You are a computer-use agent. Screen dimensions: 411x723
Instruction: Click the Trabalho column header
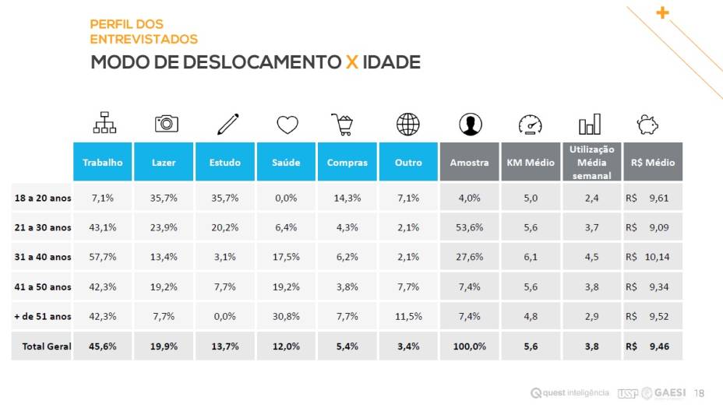103,163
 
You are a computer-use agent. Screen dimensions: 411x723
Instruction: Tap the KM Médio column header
531,163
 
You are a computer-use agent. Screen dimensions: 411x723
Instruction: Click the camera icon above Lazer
166,124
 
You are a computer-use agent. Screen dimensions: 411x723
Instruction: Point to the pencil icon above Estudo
227,124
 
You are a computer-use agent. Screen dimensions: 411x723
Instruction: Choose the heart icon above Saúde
287,125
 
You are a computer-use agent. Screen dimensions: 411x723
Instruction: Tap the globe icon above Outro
407,124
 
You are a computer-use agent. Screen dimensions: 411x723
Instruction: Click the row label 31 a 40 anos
43,257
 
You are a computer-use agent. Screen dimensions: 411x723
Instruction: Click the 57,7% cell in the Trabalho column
103,257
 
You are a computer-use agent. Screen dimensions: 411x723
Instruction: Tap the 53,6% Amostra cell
469,227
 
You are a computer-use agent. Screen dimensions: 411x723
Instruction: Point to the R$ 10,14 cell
652,257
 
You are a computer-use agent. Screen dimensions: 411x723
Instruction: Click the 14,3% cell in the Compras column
347,198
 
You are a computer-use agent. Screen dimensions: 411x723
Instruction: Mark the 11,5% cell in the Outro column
408,316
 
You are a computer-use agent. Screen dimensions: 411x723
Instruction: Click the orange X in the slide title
352,62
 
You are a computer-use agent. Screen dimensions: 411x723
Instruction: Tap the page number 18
699,393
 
